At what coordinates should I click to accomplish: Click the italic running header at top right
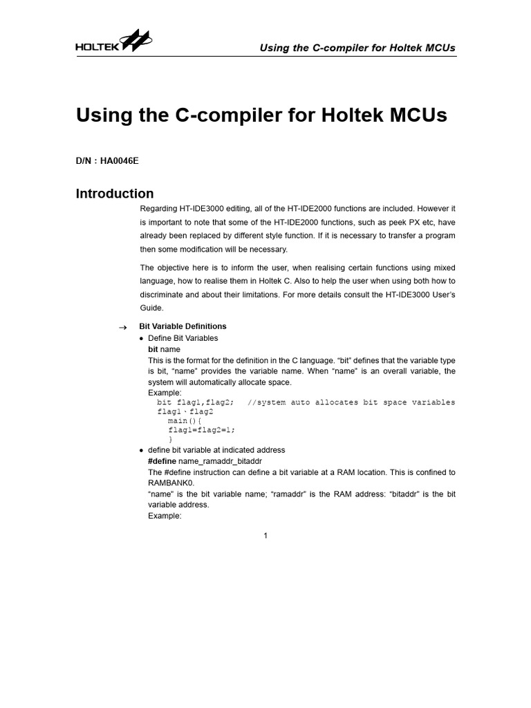357,48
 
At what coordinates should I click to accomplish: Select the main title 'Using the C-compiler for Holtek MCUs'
261,115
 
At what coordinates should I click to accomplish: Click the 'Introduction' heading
115,194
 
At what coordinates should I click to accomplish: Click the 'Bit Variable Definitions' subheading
183,326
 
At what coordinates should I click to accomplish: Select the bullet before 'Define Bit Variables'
142,339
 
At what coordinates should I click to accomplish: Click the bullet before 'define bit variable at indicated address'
142,450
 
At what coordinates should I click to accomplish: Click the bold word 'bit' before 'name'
153,350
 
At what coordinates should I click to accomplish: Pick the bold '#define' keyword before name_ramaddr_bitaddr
162,461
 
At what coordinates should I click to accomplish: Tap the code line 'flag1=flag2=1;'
196,429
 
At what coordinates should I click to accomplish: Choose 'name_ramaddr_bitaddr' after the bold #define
221,461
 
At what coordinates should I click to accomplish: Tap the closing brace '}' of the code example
170,439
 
